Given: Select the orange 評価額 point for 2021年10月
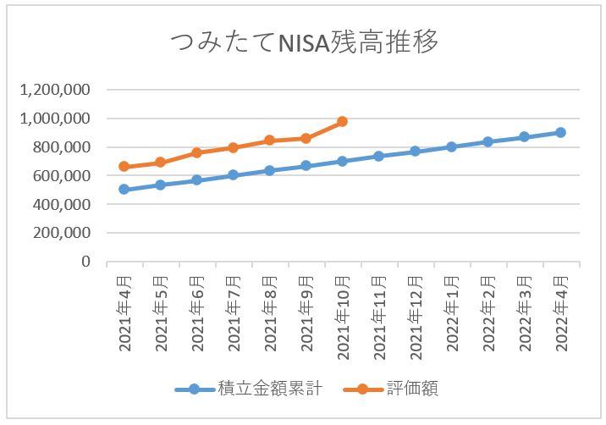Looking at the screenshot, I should [342, 122].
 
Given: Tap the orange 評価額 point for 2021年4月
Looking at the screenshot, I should [124, 167].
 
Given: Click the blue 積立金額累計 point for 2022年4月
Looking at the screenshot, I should [560, 132].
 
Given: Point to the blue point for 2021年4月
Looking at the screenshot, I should [124, 190].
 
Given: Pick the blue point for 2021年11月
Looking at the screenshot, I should [378, 156].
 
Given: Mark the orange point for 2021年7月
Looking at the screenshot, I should [233, 148].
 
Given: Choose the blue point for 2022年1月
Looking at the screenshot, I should [451, 146].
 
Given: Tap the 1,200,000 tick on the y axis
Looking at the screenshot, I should [55, 90].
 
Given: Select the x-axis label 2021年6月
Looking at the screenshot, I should [196, 312].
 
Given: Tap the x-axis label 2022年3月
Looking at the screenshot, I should [524, 312].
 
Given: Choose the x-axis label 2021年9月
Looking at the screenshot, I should [306, 312].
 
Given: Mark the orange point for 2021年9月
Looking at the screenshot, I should [306, 138].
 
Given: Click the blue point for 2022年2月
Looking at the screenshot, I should [488, 141].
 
